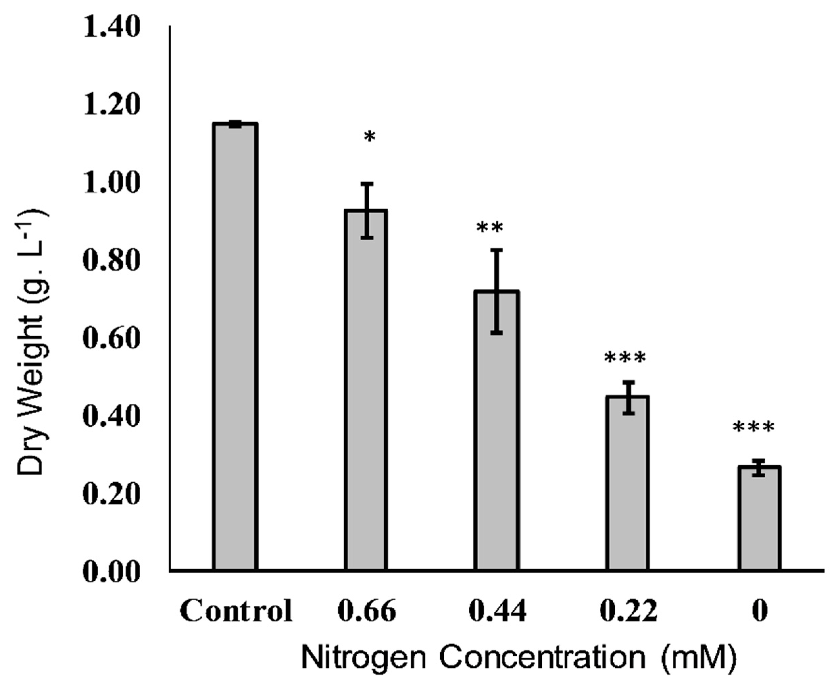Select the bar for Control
click(x=236, y=347)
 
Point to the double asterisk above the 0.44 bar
click(x=490, y=228)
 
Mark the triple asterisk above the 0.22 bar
click(x=625, y=358)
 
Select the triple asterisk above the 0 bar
click(x=754, y=427)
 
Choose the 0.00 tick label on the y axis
click(x=112, y=572)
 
